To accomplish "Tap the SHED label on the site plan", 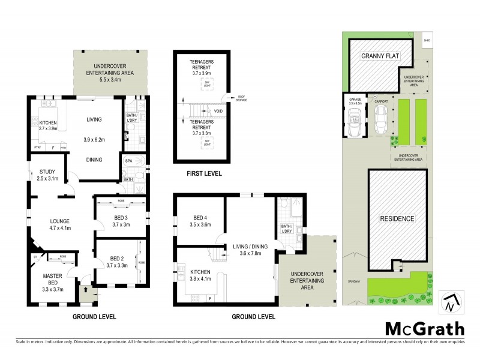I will (x=427, y=41).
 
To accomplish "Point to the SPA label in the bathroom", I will (x=128, y=161).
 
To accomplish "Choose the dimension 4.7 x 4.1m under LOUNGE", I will (x=60, y=228).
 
